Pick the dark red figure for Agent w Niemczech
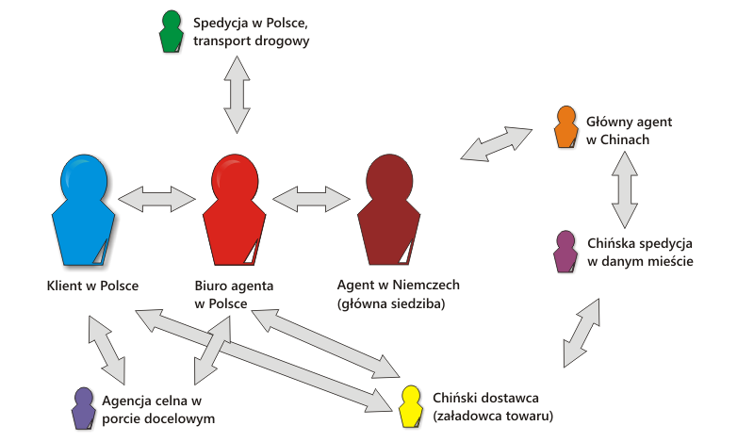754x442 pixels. pos(387,209)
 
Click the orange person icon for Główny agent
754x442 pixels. pos(565,126)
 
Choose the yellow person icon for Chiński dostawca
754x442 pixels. pos(410,405)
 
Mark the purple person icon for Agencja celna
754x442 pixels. pos(83,407)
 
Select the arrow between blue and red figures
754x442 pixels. pos(156,199)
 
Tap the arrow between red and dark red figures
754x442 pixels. pos(310,199)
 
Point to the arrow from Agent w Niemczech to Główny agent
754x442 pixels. pos(496,142)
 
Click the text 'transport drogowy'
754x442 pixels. pos(251,41)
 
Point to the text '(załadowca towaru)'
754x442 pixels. pos(492,415)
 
